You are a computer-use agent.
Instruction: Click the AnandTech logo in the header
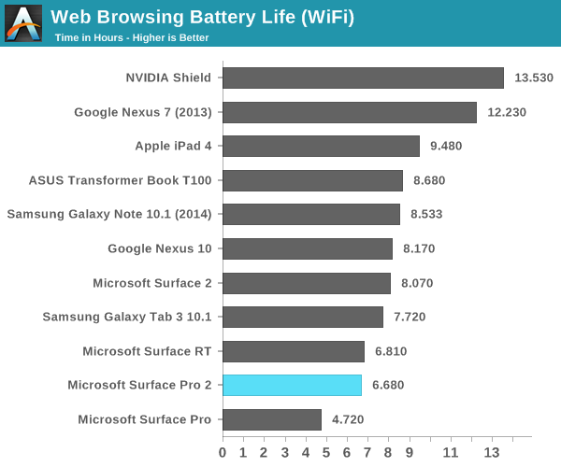(x=23, y=23)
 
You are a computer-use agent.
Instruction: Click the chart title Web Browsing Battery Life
(x=202, y=16)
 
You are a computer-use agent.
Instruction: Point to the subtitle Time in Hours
(x=132, y=37)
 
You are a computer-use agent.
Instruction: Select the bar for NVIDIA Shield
(x=363, y=78)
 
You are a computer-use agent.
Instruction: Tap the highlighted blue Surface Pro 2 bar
(x=292, y=385)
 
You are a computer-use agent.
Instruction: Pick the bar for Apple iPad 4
(x=321, y=146)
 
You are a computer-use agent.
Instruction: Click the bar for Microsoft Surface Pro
(x=272, y=419)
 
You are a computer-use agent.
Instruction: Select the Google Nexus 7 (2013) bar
(x=350, y=112)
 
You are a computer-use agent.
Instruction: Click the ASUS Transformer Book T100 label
(x=120, y=180)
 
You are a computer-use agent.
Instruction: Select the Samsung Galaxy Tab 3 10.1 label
(x=127, y=317)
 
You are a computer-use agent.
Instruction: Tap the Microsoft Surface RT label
(x=147, y=351)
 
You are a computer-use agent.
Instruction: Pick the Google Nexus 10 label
(x=160, y=248)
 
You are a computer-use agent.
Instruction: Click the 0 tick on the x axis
(x=223, y=453)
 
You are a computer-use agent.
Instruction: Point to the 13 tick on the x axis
(x=492, y=453)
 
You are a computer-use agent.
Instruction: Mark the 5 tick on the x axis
(x=326, y=453)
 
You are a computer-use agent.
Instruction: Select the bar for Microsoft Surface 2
(x=307, y=283)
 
